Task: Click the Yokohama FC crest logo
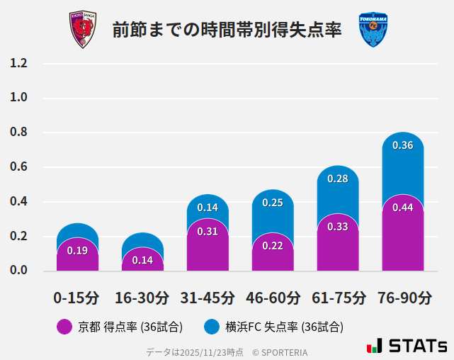point(373,30)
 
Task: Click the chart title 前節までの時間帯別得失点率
point(227,30)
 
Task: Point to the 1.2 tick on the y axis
point(18,63)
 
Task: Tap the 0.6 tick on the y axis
point(18,167)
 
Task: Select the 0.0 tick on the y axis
point(18,271)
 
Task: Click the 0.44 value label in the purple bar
point(402,208)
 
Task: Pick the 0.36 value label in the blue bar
point(402,145)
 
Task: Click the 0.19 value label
point(77,250)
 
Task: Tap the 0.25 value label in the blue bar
point(273,203)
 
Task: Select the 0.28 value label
point(337,179)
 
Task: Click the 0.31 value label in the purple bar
point(208,232)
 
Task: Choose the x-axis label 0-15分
point(76,298)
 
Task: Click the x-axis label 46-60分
point(272,298)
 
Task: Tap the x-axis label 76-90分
point(404,298)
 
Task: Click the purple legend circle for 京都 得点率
point(64,327)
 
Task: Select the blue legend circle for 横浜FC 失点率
point(211,327)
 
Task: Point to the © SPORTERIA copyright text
point(280,351)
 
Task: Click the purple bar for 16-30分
point(142,260)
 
